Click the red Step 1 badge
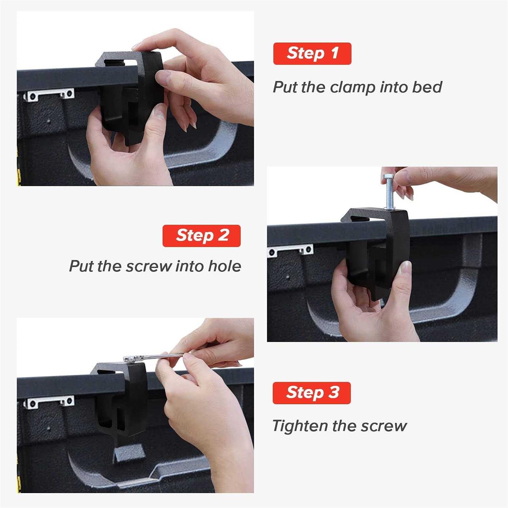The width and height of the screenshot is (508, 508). tap(312, 54)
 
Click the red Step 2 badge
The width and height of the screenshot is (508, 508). tap(202, 236)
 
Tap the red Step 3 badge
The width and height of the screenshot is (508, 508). tap(312, 393)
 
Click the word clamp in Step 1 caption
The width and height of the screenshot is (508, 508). tap(352, 87)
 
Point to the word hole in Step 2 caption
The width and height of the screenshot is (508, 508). tap(225, 266)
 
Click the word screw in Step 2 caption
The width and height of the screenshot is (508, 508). tap(149, 266)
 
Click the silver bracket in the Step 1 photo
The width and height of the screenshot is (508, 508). tap(49, 94)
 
